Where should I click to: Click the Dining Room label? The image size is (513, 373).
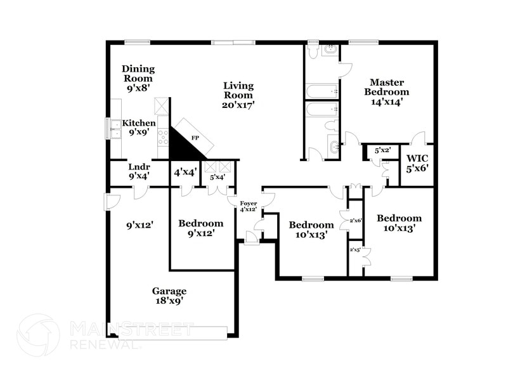[x=138, y=79]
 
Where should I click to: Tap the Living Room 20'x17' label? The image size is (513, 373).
[x=238, y=95]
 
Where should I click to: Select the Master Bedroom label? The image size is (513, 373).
[x=387, y=91]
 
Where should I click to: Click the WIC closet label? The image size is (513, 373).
[x=418, y=163]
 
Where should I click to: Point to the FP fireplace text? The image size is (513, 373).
[x=195, y=136]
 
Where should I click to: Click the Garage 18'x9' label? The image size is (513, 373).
[x=169, y=296]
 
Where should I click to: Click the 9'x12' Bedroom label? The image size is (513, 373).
[x=200, y=228]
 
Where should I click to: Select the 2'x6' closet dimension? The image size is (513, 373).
[x=355, y=220]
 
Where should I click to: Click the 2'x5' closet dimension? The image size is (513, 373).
[x=355, y=250]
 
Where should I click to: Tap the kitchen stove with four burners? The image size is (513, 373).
[x=163, y=134]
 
